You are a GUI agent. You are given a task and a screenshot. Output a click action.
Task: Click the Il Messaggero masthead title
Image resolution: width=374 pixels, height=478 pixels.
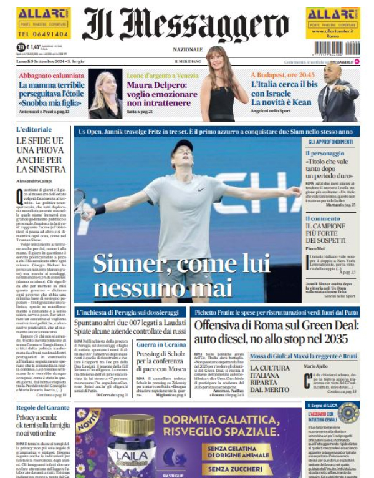(x=188, y=24)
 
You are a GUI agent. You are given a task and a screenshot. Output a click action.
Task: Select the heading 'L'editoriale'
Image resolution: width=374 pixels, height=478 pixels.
(x=34, y=129)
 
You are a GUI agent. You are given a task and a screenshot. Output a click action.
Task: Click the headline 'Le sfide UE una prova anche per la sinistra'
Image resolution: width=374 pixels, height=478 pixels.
(x=40, y=155)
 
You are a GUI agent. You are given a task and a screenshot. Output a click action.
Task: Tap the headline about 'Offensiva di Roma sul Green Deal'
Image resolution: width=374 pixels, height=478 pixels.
(x=276, y=330)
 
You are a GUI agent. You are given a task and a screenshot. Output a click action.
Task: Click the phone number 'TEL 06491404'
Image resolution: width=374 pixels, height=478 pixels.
(x=42, y=35)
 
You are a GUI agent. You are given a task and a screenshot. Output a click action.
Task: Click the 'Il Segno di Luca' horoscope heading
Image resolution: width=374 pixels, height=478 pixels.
(x=324, y=406)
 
